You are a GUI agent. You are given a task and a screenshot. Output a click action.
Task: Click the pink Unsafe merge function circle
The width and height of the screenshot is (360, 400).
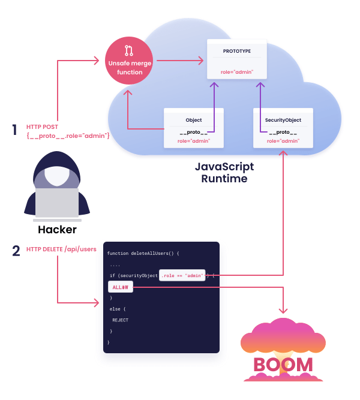click(x=129, y=61)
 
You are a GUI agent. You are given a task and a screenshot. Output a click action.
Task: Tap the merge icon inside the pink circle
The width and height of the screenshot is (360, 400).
click(x=128, y=50)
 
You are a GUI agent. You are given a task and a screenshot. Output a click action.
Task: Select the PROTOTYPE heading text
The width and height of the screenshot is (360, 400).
click(x=237, y=51)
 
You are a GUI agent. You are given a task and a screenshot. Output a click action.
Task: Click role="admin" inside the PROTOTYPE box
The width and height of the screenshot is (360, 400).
click(x=237, y=72)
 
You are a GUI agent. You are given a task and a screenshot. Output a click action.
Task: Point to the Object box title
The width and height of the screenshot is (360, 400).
click(x=194, y=120)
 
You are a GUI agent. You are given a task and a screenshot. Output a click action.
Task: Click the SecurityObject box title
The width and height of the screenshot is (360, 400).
click(x=283, y=120)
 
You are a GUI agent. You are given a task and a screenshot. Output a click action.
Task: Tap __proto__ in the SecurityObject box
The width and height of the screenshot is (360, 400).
click(x=283, y=132)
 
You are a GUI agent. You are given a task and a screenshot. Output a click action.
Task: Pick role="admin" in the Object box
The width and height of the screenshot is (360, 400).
click(x=194, y=141)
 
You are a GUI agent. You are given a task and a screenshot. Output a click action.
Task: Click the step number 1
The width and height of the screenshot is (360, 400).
click(x=14, y=130)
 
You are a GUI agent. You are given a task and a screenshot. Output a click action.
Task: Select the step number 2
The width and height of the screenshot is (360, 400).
click(x=16, y=251)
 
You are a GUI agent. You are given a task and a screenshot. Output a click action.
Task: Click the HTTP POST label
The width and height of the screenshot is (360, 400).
click(x=42, y=127)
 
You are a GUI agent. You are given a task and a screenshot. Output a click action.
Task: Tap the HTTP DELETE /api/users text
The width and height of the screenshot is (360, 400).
click(x=61, y=249)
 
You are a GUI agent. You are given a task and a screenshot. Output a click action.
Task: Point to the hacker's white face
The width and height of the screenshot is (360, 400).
click(x=57, y=176)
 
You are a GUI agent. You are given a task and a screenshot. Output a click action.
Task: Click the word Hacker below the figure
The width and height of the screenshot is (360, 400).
click(x=57, y=230)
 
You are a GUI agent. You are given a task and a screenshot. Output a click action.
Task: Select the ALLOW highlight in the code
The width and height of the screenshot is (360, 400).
click(x=121, y=287)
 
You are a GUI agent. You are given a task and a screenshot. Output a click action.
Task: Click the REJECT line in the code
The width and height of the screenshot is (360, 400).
click(x=120, y=320)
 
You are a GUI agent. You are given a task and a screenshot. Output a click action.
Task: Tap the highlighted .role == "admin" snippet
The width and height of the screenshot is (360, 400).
click(x=182, y=275)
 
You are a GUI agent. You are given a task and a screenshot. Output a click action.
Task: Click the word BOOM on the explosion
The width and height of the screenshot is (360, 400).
click(x=283, y=365)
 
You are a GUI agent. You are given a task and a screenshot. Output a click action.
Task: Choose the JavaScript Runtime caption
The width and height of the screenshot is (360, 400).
click(x=224, y=173)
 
